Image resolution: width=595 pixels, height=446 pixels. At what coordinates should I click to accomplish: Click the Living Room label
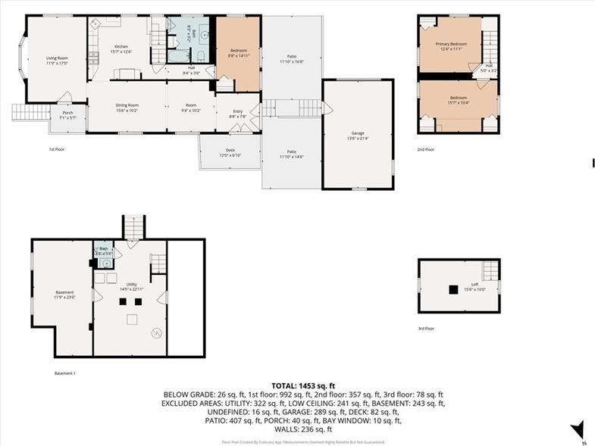pos(57,58)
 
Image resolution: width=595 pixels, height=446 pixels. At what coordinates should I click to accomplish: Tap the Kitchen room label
pos(122,47)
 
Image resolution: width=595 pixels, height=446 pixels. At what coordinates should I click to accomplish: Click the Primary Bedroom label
pos(450,45)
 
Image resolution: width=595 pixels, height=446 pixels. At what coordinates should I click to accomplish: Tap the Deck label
pos(230,152)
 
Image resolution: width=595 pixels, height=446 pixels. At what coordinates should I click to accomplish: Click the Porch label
pos(68,115)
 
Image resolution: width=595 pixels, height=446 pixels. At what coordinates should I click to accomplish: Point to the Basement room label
pos(64,294)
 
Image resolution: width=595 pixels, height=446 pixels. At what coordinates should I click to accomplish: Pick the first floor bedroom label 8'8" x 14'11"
pos(239,52)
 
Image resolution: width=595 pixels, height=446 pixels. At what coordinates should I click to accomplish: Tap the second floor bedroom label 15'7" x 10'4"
pos(459,99)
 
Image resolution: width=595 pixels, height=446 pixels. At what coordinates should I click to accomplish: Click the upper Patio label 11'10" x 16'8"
pos(292,59)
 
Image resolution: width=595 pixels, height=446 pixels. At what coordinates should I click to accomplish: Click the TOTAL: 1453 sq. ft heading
pos(303,386)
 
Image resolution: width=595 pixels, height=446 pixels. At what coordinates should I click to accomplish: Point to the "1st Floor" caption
pos(57,150)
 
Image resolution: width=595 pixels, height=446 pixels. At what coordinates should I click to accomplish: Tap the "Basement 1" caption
pos(64,373)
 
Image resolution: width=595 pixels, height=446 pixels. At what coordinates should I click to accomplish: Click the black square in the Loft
pos(453,288)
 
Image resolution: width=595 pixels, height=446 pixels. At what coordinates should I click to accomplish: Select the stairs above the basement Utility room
pos(133,226)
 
